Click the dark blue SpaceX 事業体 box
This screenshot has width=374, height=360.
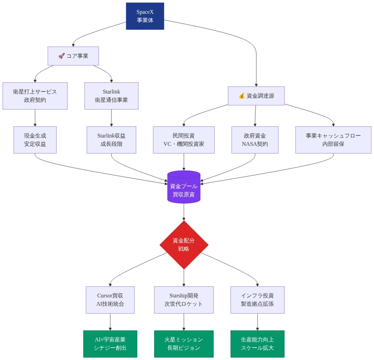pos(145,16)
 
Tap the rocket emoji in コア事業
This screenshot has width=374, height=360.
pos(62,56)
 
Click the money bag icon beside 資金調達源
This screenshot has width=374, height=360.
pos(242,96)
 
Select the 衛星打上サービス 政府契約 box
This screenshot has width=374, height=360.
pos(35,96)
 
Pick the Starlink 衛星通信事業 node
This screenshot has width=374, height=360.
pos(111,96)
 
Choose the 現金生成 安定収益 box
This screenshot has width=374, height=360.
pos(35,140)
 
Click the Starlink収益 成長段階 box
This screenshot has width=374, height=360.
pos(111,140)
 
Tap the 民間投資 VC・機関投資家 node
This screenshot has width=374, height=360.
pos(184,140)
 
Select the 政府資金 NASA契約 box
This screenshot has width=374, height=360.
pos(255,140)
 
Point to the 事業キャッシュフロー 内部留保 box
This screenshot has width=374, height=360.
pos(333,140)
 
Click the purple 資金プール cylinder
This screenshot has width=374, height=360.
pos(184,187)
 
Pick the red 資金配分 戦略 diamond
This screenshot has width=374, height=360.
pos(184,245)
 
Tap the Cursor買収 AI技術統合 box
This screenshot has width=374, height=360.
pos(110,300)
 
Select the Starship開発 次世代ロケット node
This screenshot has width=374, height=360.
pos(184,300)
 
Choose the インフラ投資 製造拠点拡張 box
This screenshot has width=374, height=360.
pos(257,300)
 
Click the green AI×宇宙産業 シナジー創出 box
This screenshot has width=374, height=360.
pos(110,344)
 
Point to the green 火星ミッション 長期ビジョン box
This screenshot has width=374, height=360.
pos(184,344)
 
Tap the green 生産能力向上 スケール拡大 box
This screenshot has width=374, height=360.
pos(257,344)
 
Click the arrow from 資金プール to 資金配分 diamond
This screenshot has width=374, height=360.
pos(184,212)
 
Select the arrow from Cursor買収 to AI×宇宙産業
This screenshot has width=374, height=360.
pos(110,322)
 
